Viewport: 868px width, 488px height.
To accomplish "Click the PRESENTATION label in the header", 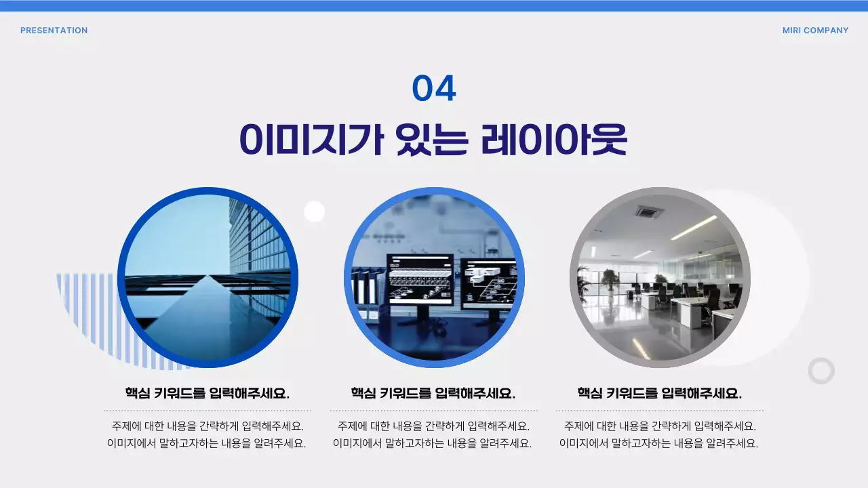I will tap(54, 30).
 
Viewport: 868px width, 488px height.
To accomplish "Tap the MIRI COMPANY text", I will tap(815, 30).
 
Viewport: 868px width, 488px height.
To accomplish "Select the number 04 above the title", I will tap(434, 89).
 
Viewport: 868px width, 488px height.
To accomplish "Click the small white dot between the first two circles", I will tap(314, 212).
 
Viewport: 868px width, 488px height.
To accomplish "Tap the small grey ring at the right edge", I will tap(821, 371).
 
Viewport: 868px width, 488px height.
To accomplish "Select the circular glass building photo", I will tap(208, 278).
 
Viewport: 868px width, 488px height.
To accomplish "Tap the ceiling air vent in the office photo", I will tap(649, 211).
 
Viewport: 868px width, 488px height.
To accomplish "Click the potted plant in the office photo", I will tap(610, 278).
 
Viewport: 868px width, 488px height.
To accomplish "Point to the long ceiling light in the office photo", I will tap(694, 228).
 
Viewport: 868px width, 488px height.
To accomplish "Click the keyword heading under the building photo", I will tap(208, 393).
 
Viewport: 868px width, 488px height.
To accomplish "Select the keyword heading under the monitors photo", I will tap(433, 393).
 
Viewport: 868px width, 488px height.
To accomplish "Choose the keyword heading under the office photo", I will tap(660, 393).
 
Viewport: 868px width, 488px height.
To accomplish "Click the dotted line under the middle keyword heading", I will tap(433, 411).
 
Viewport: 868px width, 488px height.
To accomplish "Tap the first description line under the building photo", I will tap(208, 426).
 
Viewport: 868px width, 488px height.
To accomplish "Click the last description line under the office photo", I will tap(659, 444).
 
